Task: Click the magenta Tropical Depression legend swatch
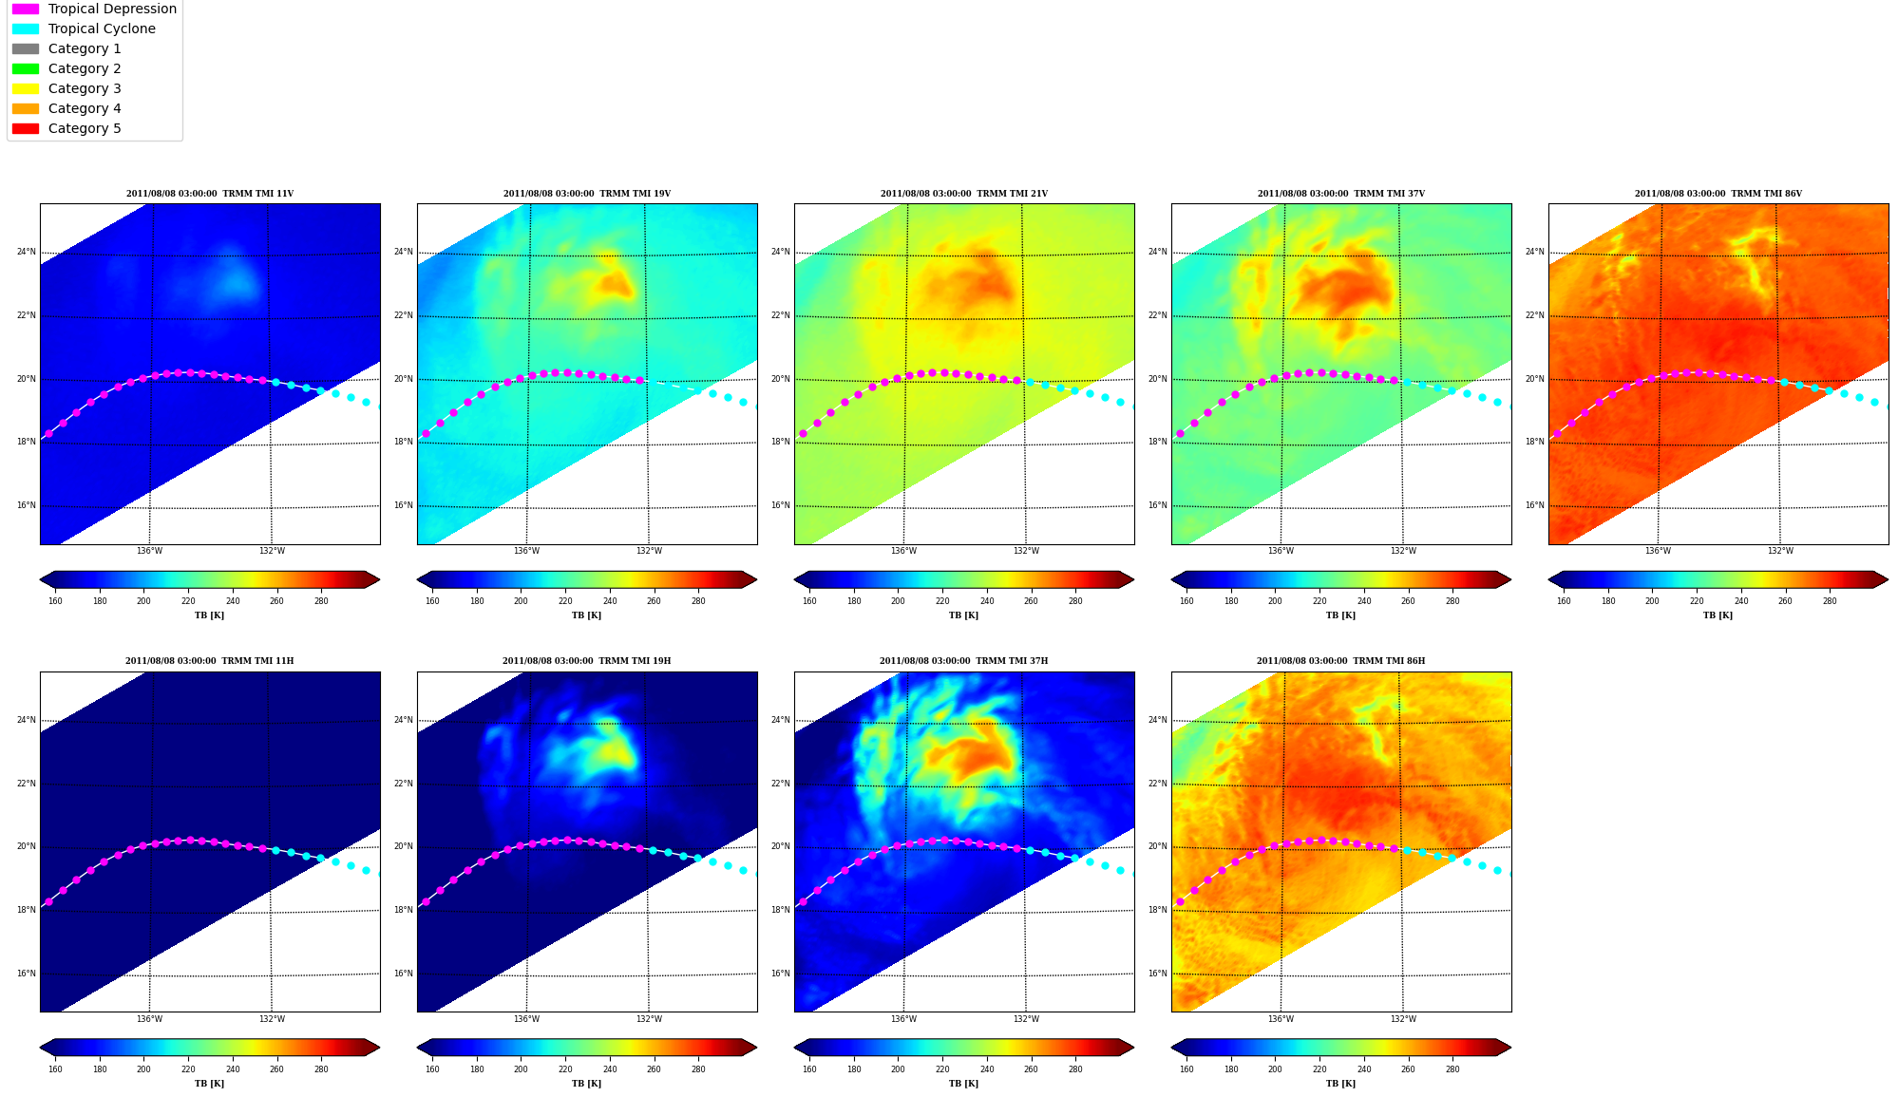point(26,9)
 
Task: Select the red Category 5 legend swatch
point(26,128)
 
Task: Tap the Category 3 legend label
point(85,88)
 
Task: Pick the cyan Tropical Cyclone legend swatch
point(26,28)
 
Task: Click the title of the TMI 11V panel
point(210,194)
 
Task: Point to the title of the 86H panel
point(1340,661)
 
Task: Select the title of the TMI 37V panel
point(1340,194)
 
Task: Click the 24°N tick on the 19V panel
point(403,252)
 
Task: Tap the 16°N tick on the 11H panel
point(26,974)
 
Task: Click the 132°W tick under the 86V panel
point(1779,551)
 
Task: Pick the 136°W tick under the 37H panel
point(903,1019)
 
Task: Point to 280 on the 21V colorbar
point(1075,601)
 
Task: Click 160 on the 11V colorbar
point(55,601)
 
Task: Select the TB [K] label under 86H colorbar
point(1340,1084)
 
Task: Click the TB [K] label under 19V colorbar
point(586,615)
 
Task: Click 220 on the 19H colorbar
point(565,1069)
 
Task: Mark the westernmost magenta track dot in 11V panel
point(48,434)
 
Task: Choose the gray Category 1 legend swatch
point(26,48)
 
